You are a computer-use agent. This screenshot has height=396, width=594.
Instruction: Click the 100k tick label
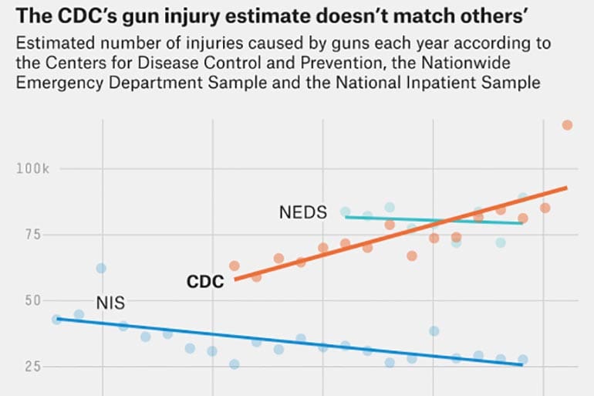33,168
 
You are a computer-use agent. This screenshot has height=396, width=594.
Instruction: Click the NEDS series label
303,212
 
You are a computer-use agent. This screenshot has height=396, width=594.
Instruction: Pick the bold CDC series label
205,282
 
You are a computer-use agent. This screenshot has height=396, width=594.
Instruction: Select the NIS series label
110,303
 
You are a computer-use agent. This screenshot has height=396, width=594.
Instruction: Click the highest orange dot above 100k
567,125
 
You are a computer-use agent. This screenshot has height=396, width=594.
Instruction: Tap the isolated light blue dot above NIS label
101,268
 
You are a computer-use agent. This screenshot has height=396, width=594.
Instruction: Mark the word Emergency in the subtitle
53,83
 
